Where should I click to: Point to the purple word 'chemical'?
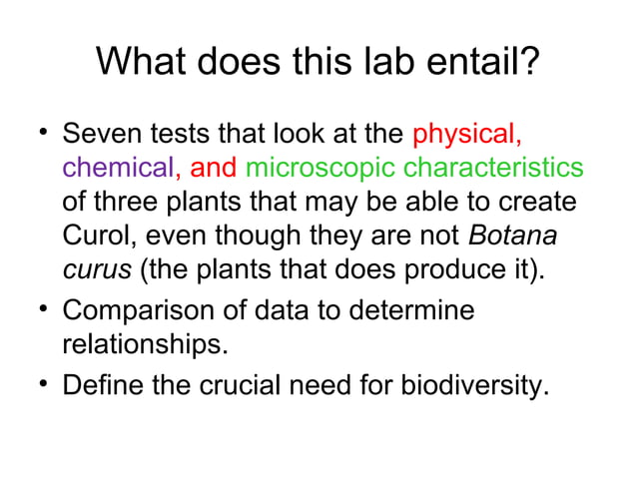[119, 167]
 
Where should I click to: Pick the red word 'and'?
[211, 167]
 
